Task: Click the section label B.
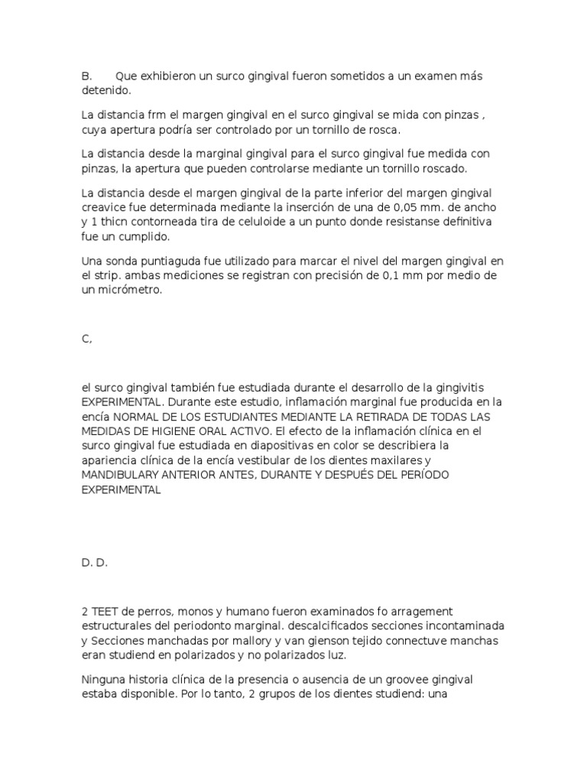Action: (86, 76)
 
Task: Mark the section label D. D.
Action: (94, 563)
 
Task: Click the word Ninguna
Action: (105, 679)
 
